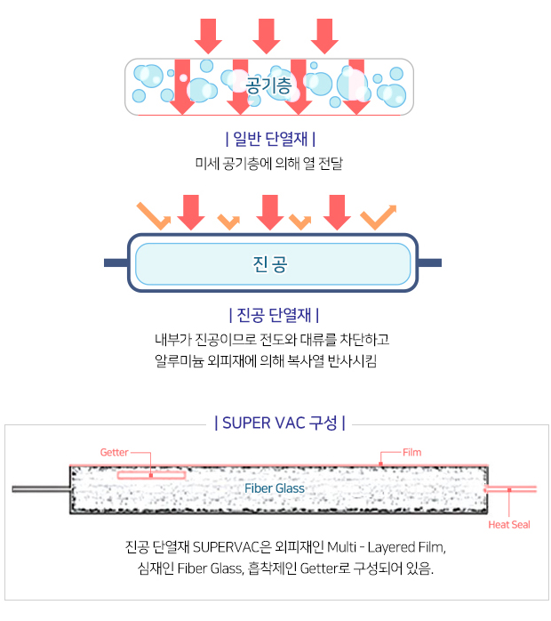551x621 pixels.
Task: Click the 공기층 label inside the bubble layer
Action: pyautogui.click(x=268, y=85)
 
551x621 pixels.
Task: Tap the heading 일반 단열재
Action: pyautogui.click(x=270, y=139)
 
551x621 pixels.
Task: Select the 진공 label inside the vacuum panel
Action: pyautogui.click(x=270, y=263)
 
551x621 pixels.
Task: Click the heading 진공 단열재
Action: pyautogui.click(x=274, y=315)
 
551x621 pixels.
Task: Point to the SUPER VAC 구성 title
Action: pyautogui.click(x=280, y=423)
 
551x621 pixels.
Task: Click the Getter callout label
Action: pyautogui.click(x=115, y=452)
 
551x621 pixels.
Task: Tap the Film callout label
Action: pyautogui.click(x=411, y=452)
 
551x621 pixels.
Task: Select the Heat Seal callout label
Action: pyautogui.click(x=509, y=525)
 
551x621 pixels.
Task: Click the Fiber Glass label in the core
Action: pyautogui.click(x=275, y=488)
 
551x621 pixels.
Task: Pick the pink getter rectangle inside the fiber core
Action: pyautogui.click(x=151, y=475)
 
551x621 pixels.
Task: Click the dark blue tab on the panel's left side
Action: pyautogui.click(x=116, y=262)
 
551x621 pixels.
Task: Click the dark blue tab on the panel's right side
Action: pyautogui.click(x=429, y=262)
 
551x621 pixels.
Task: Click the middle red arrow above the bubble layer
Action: pyautogui.click(x=267, y=36)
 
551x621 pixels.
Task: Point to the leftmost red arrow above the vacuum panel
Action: pyautogui.click(x=191, y=213)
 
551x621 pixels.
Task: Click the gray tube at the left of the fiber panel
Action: pyautogui.click(x=41, y=489)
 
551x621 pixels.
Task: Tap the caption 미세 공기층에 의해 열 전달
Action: pyautogui.click(x=269, y=163)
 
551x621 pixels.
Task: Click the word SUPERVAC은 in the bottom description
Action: pyautogui.click(x=232, y=547)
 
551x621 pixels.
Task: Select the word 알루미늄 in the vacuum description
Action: pyautogui.click(x=180, y=361)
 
